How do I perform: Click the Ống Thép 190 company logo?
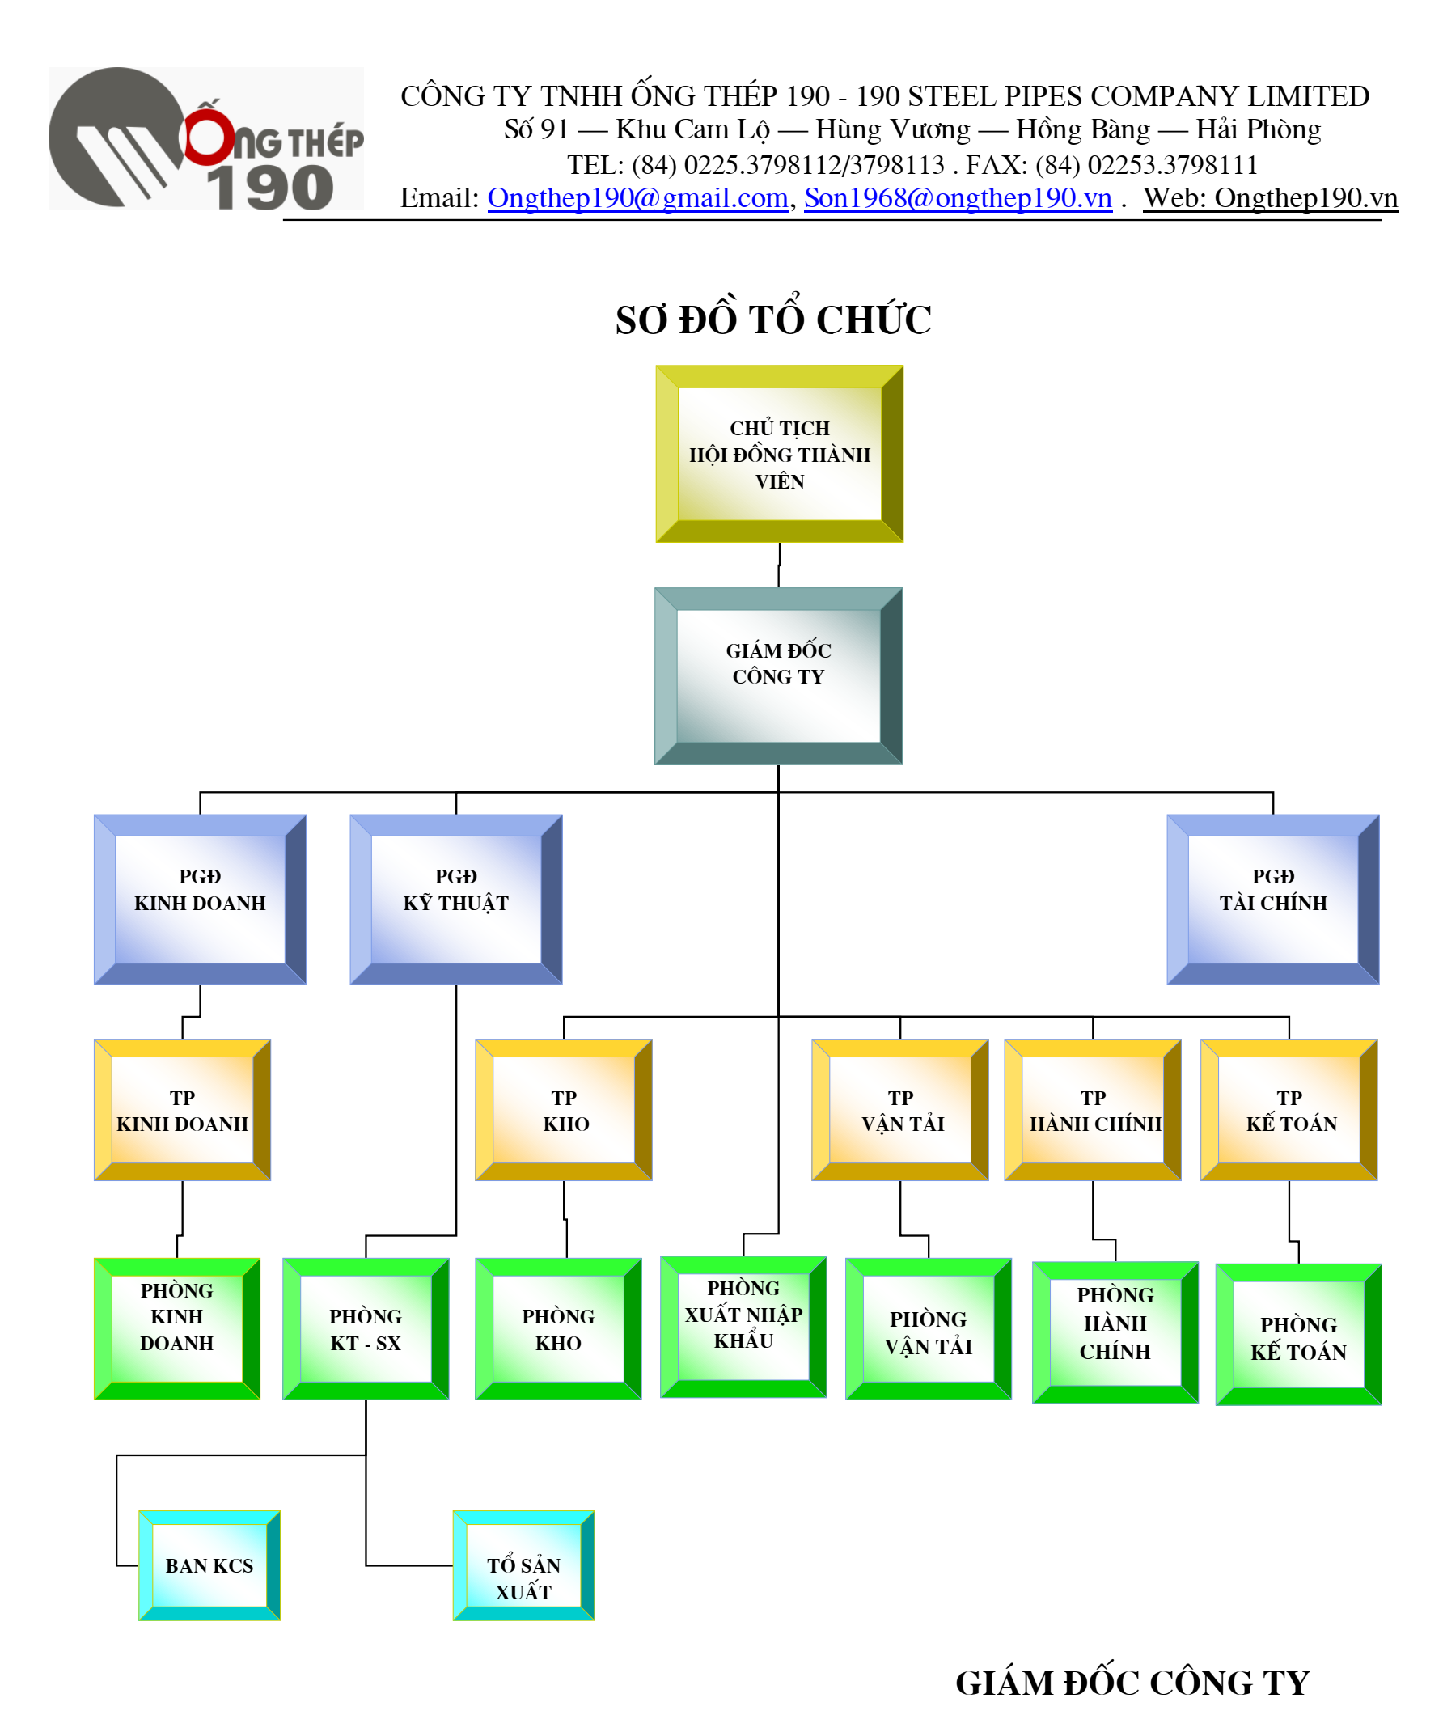pyautogui.click(x=205, y=138)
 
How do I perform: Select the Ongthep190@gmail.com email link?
pyautogui.click(x=637, y=198)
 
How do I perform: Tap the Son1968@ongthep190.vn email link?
pyautogui.click(x=958, y=198)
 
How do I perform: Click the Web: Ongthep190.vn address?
pyautogui.click(x=1270, y=198)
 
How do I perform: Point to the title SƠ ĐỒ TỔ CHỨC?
pyautogui.click(x=772, y=320)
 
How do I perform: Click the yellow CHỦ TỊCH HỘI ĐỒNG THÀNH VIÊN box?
pyautogui.click(x=779, y=454)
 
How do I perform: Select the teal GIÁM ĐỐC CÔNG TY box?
pyautogui.click(x=778, y=676)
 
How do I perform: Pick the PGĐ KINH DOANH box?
pyautogui.click(x=200, y=900)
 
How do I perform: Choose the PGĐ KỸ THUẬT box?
pyautogui.click(x=456, y=900)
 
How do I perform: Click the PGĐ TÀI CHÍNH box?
pyautogui.click(x=1273, y=900)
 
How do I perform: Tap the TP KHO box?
pyautogui.click(x=564, y=1110)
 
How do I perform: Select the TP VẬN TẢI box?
pyautogui.click(x=900, y=1110)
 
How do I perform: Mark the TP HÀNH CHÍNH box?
pyautogui.click(x=1093, y=1110)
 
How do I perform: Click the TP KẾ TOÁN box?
pyautogui.click(x=1289, y=1110)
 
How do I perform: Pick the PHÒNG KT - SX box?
pyautogui.click(x=366, y=1329)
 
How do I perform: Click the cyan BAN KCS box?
pyautogui.click(x=209, y=1565)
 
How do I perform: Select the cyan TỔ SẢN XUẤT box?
pyautogui.click(x=523, y=1565)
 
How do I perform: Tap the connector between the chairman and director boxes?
pyautogui.click(x=779, y=565)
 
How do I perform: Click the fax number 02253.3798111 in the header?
pyautogui.click(x=1172, y=165)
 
